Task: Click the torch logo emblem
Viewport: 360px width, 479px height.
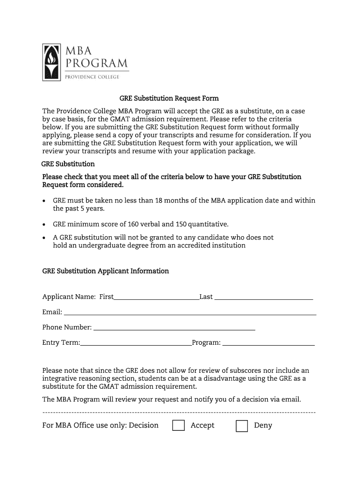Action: (x=51, y=62)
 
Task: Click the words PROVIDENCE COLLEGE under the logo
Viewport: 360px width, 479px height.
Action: (x=92, y=77)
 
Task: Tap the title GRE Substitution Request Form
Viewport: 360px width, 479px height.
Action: (x=169, y=99)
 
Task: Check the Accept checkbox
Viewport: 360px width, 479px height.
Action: (x=178, y=426)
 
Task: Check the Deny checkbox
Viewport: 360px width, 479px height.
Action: (x=242, y=426)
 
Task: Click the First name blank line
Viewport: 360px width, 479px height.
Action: (x=156, y=297)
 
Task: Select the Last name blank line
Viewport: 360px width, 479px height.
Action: (x=263, y=297)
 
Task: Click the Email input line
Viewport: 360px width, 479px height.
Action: (x=190, y=312)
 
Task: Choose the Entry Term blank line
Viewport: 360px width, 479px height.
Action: (x=136, y=343)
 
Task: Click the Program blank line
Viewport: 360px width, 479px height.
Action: (x=268, y=343)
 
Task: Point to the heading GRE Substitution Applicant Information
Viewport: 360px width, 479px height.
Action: (x=106, y=271)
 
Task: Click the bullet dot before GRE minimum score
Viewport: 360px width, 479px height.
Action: (x=44, y=225)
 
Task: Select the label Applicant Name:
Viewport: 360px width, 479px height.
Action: (x=69, y=297)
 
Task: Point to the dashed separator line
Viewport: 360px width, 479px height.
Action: (x=179, y=413)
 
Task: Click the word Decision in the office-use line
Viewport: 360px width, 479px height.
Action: (x=144, y=425)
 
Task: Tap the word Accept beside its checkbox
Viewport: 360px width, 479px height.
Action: (x=202, y=425)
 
